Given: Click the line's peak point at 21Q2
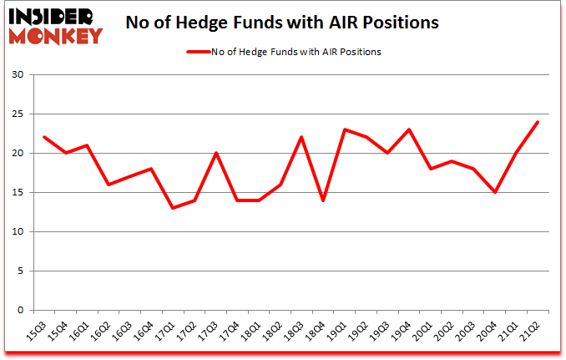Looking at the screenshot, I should pyautogui.click(x=538, y=122).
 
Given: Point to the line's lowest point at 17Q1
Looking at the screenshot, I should pyautogui.click(x=174, y=208).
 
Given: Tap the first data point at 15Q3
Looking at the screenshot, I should pyautogui.click(x=43, y=137).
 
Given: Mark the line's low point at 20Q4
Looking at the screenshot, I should pyautogui.click(x=494, y=192).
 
